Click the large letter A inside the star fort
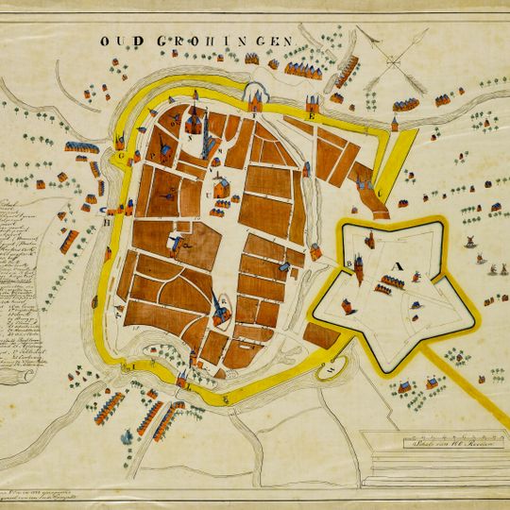pyautogui.click(x=398, y=265)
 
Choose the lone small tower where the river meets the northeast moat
pyautogui.click(x=394, y=124)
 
